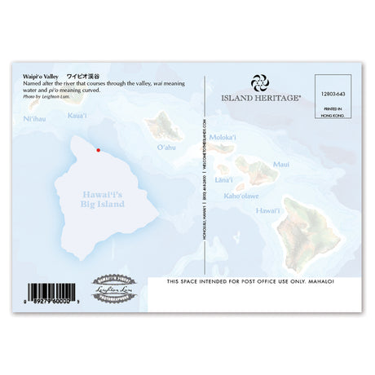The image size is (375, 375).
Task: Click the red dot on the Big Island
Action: (99, 150)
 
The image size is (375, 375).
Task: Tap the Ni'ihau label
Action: (34, 119)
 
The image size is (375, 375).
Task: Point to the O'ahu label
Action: (165, 148)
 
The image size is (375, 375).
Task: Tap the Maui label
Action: (280, 164)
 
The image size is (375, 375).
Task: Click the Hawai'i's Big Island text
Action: (103, 199)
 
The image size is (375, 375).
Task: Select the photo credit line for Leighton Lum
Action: (48, 97)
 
